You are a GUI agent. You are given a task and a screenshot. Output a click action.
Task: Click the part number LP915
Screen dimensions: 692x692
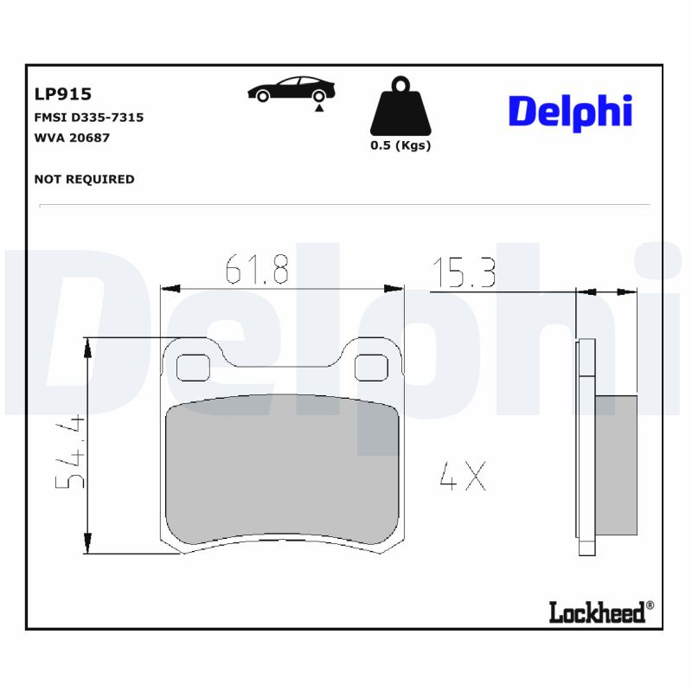click(62, 94)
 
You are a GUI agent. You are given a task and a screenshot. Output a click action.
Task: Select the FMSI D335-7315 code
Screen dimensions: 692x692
click(88, 117)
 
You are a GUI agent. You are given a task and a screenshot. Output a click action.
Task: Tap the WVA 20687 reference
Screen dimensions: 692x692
click(72, 137)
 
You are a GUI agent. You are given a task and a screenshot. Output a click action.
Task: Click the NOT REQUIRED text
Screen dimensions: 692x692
click(84, 179)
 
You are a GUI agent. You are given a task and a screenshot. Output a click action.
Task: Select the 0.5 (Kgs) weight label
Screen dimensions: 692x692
click(400, 145)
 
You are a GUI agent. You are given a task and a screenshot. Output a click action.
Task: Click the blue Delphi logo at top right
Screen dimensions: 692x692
click(570, 112)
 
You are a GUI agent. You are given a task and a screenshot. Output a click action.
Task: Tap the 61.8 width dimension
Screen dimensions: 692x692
click(257, 271)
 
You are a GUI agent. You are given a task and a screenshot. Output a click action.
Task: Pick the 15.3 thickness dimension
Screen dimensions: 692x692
click(464, 273)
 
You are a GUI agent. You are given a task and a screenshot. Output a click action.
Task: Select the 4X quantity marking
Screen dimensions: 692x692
click(463, 477)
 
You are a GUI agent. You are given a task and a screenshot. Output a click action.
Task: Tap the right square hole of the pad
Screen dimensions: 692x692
click(373, 368)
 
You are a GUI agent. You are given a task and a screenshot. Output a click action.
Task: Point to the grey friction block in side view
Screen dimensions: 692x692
click(616, 465)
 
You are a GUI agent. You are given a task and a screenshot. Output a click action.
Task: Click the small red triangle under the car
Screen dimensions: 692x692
click(320, 108)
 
